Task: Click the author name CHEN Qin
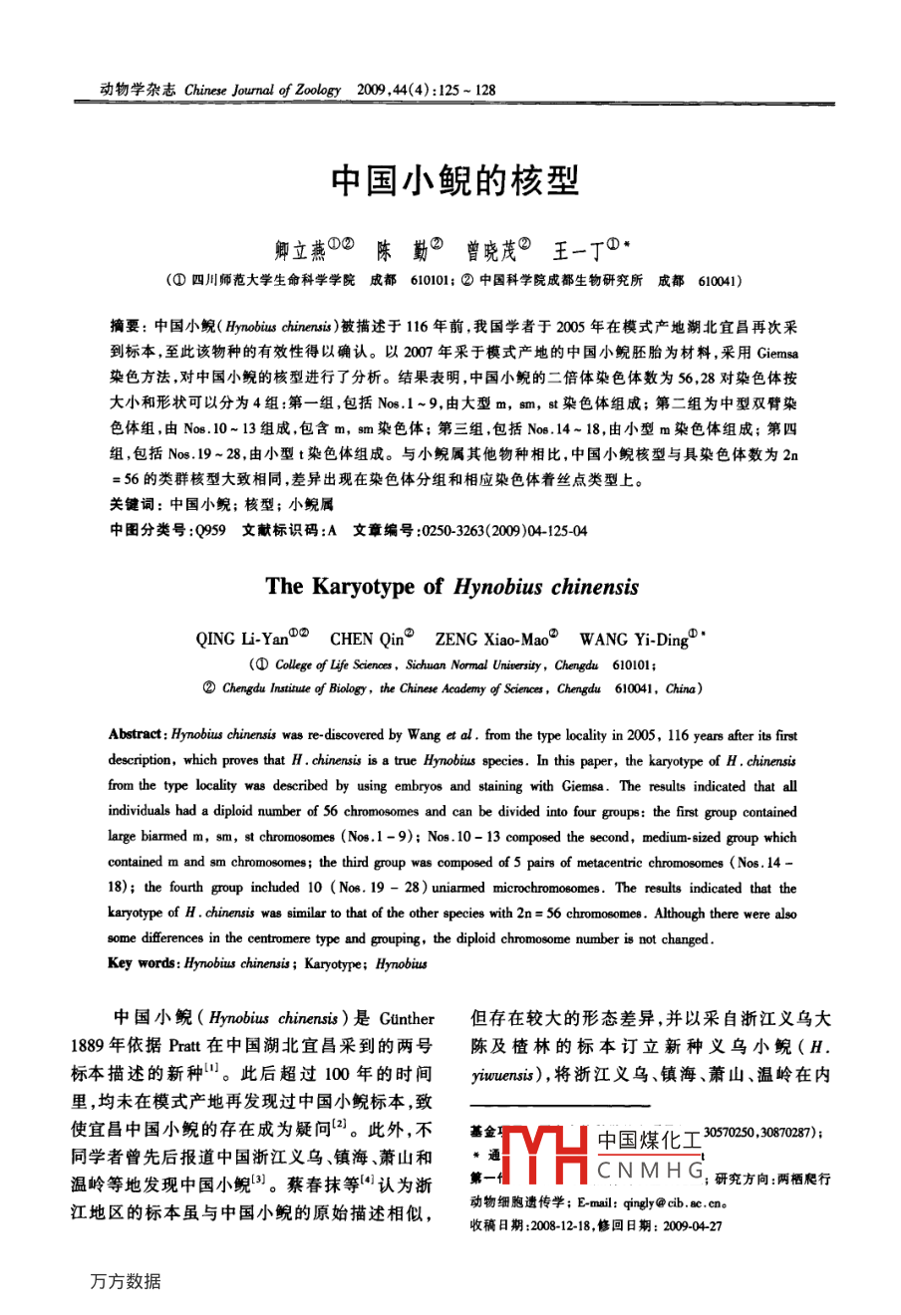click(x=366, y=640)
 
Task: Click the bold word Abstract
click(x=136, y=735)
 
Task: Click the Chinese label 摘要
click(x=126, y=326)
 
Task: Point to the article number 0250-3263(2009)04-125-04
click(x=504, y=531)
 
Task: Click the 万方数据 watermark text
click(x=125, y=1282)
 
